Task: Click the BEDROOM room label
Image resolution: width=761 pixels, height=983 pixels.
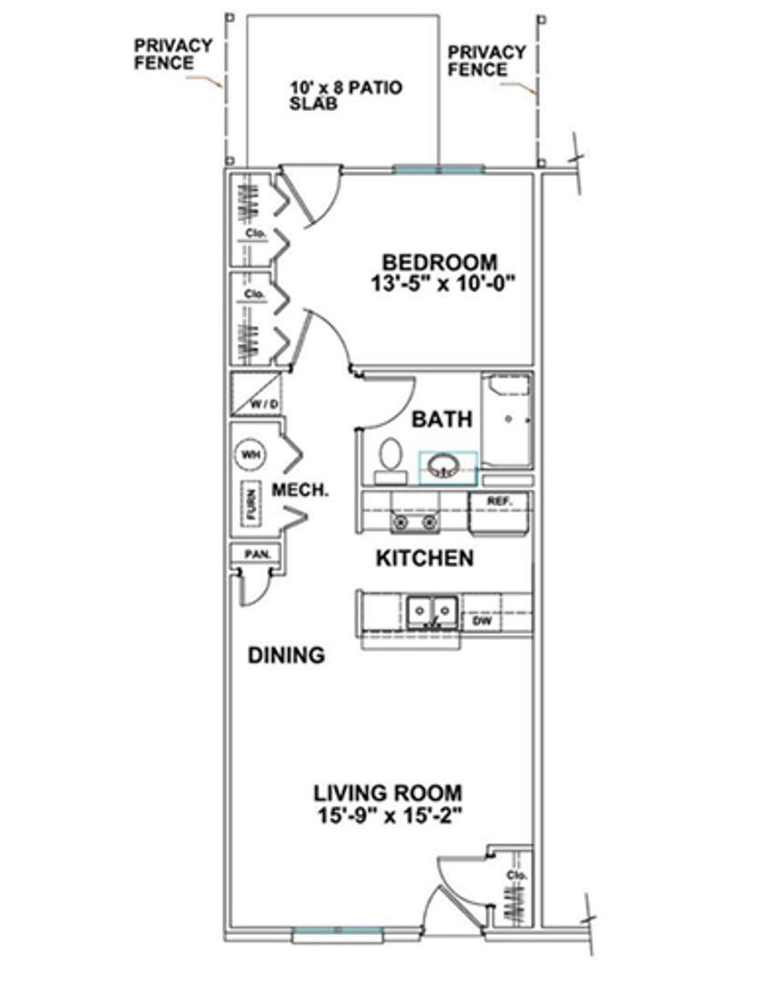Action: (440, 262)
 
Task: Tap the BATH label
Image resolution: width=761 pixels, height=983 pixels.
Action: (441, 419)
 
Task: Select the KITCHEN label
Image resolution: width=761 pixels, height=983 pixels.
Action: (424, 558)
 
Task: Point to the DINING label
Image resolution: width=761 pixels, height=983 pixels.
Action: (287, 655)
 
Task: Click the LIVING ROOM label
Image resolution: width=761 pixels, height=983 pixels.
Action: (388, 793)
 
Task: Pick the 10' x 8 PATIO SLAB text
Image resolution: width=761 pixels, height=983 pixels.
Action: (345, 95)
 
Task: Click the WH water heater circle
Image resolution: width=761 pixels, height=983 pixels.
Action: (249, 454)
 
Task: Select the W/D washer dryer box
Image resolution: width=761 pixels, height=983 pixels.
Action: (256, 394)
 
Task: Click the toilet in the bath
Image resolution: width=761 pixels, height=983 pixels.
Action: (391, 461)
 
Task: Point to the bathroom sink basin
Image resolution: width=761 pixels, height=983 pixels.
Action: (444, 466)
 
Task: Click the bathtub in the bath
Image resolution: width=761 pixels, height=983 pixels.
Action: (507, 420)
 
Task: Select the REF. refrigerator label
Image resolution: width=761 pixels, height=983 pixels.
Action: (500, 502)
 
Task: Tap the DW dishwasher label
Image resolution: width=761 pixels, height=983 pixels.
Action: (482, 622)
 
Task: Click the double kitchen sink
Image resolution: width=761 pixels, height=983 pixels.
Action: (431, 611)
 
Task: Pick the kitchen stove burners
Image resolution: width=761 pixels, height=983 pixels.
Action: (413, 522)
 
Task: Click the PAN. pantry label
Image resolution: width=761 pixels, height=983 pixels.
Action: (258, 554)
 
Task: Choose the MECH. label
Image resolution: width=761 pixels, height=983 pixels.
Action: (299, 491)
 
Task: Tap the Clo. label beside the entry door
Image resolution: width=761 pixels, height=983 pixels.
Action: (518, 875)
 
